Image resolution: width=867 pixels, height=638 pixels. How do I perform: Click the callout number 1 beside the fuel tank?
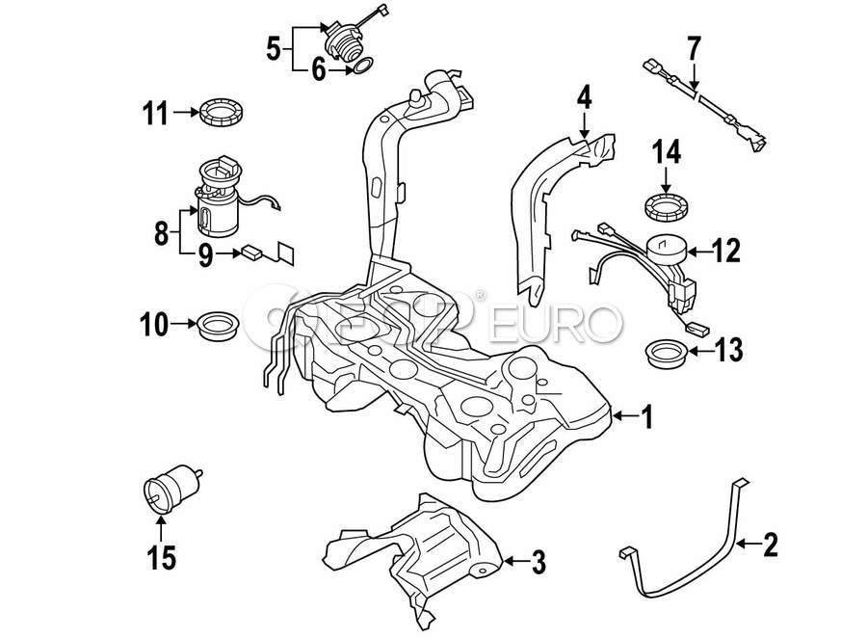646,416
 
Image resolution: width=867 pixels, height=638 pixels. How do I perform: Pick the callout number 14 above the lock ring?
666,151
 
